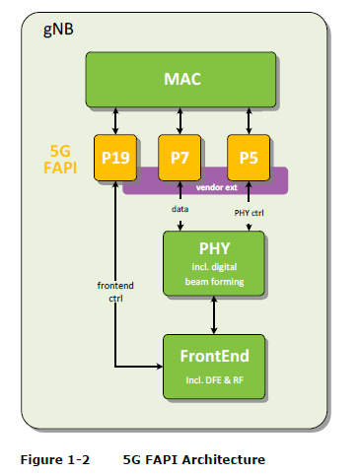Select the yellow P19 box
(x=116, y=158)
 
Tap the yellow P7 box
(x=180, y=158)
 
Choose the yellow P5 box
(x=247, y=158)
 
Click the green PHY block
(x=214, y=263)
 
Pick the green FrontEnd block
(x=214, y=366)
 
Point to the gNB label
(x=58, y=30)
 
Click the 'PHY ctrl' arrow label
(x=248, y=211)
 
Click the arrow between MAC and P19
(x=116, y=121)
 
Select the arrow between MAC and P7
(x=180, y=121)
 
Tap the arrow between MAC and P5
(x=247, y=121)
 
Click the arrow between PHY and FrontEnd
(x=214, y=314)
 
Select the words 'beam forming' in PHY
(x=214, y=281)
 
